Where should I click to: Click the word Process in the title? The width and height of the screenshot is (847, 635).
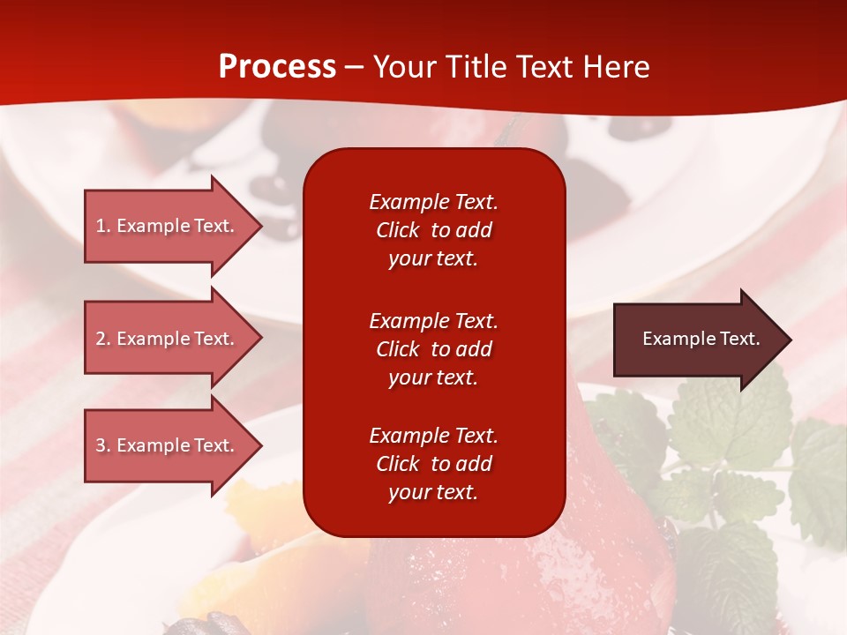[x=277, y=67]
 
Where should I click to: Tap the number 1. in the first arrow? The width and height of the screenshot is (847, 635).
[x=103, y=226]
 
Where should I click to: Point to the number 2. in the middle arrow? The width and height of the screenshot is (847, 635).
[x=103, y=339]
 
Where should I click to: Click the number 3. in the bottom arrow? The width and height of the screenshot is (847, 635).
[x=103, y=445]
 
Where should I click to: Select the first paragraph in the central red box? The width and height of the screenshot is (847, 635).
[x=433, y=230]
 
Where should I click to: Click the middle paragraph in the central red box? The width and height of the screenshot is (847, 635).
[x=433, y=349]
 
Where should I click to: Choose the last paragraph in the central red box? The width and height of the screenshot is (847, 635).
[x=433, y=464]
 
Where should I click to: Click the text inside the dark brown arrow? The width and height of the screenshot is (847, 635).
[x=701, y=339]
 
